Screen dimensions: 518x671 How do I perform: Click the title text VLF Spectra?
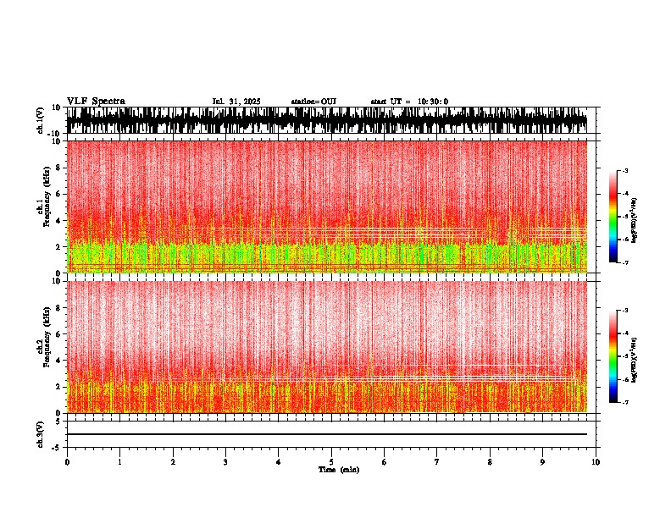(x=96, y=101)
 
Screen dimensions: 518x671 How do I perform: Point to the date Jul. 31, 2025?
(x=236, y=102)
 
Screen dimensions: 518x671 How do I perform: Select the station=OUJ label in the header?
(x=313, y=102)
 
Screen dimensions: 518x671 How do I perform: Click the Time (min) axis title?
(x=331, y=470)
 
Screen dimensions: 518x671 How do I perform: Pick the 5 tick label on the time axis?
(x=331, y=461)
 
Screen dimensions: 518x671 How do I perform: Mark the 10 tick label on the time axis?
(x=596, y=461)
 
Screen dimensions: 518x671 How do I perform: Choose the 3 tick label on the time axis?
(x=225, y=461)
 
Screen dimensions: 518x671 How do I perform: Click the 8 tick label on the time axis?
(x=490, y=461)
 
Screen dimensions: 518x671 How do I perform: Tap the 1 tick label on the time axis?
(x=119, y=461)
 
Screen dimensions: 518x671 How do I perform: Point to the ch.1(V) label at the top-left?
(x=40, y=121)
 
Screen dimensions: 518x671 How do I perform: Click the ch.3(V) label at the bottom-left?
(x=40, y=433)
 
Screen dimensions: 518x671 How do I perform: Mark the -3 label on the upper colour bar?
(x=625, y=171)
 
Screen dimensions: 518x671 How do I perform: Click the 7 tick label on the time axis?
(x=437, y=461)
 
